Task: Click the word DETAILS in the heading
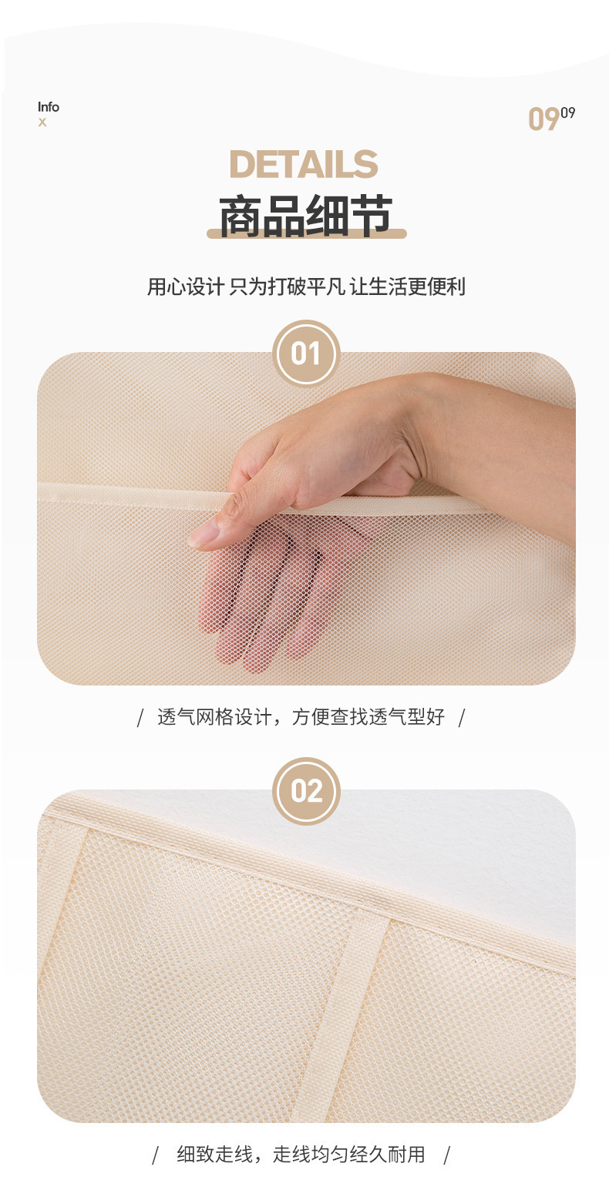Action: (x=304, y=165)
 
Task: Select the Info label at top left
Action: (x=49, y=107)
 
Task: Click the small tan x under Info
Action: (x=42, y=122)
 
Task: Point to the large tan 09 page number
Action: (x=543, y=119)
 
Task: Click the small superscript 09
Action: (x=568, y=112)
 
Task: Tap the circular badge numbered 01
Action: (x=306, y=354)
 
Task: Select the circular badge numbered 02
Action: (x=306, y=791)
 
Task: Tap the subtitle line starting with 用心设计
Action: (x=306, y=287)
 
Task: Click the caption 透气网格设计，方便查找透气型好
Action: (x=301, y=717)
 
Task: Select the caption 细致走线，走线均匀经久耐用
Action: (x=301, y=1155)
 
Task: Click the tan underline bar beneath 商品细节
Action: (x=306, y=234)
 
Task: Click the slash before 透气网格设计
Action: (x=140, y=718)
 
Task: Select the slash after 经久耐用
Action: (x=446, y=1155)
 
